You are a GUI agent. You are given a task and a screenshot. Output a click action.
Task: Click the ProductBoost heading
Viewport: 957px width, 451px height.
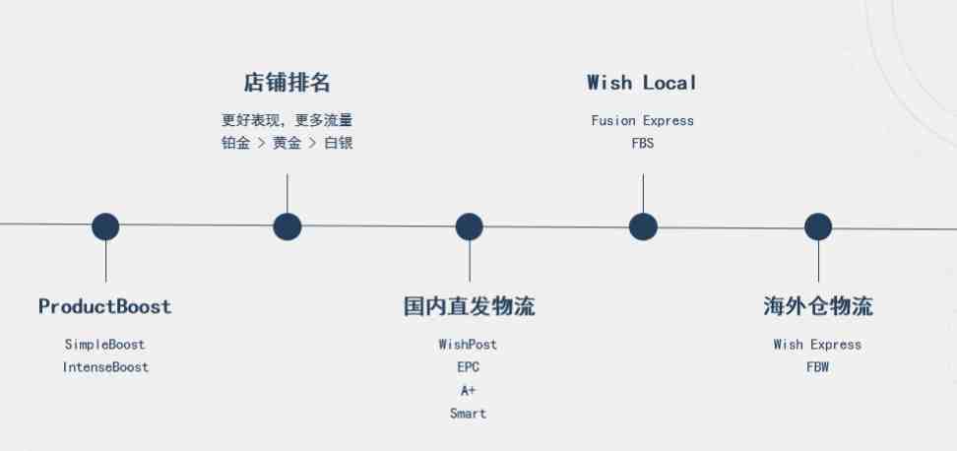click(x=105, y=306)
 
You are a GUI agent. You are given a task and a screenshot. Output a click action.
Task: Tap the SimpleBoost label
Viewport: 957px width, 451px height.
click(x=105, y=345)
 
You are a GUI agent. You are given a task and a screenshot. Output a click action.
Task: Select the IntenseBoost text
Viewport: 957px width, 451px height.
click(x=105, y=366)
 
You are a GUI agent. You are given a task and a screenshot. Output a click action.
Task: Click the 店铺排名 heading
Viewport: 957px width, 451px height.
click(x=287, y=83)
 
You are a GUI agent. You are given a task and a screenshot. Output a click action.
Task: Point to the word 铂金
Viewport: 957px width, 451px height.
click(x=235, y=144)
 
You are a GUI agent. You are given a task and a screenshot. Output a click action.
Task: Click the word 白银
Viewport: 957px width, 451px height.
click(x=339, y=144)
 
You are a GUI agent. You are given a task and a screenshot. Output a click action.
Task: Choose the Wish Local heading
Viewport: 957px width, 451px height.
click(x=642, y=83)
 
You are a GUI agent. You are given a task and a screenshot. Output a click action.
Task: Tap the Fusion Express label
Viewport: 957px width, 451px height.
click(x=643, y=121)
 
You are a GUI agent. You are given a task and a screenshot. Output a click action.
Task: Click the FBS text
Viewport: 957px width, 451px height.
click(x=643, y=144)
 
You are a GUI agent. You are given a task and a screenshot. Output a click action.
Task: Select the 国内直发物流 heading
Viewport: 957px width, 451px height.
click(x=469, y=306)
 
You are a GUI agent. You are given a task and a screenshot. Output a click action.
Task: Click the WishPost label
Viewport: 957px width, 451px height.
click(x=468, y=345)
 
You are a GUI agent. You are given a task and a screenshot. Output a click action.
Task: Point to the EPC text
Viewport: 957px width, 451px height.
click(x=468, y=366)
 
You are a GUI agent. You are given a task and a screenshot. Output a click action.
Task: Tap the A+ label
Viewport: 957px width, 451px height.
click(x=468, y=390)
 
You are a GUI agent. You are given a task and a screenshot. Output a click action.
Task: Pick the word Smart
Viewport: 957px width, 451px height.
click(x=468, y=414)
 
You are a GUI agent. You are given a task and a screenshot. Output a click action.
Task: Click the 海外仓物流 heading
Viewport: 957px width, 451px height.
click(x=818, y=306)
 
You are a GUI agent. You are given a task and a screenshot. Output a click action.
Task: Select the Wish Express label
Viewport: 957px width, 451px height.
click(x=817, y=345)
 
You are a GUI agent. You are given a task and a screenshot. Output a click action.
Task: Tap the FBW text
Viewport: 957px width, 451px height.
click(x=818, y=366)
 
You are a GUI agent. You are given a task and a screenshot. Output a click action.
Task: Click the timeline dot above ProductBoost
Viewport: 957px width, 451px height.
click(x=105, y=226)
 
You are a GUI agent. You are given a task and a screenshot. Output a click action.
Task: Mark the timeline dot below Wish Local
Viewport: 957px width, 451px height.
click(x=643, y=226)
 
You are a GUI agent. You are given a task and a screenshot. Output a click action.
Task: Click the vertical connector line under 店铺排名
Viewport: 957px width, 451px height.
click(x=287, y=193)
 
